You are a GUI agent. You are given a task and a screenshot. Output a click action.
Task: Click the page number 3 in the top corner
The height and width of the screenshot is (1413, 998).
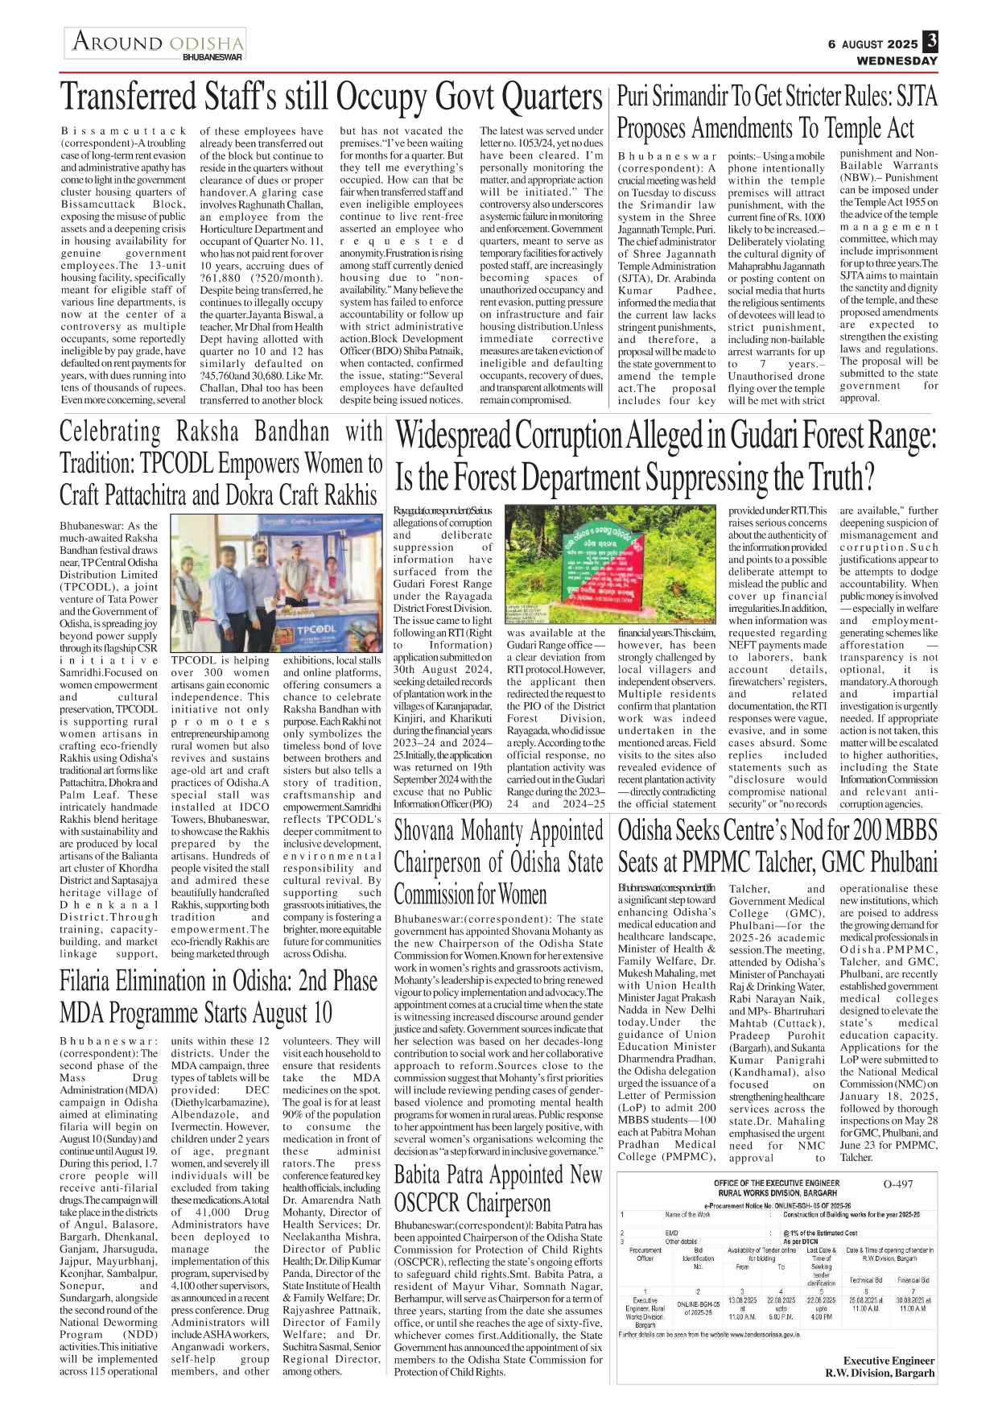[x=930, y=41]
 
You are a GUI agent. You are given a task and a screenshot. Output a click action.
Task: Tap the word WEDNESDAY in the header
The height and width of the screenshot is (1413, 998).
[x=897, y=60]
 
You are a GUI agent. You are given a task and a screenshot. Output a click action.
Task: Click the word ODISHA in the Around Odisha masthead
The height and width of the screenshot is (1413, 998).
[x=207, y=43]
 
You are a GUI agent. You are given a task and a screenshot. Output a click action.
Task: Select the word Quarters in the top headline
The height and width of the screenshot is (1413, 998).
[x=551, y=97]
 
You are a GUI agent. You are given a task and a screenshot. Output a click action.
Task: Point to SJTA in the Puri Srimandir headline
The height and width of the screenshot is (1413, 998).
[x=916, y=97]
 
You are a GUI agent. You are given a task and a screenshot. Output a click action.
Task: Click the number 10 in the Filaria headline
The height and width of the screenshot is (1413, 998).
[x=317, y=1012]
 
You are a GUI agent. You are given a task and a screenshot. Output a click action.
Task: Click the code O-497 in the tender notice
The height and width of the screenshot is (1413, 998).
[x=898, y=1184]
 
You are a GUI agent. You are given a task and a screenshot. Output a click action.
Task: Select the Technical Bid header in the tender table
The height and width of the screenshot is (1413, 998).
[x=865, y=1279]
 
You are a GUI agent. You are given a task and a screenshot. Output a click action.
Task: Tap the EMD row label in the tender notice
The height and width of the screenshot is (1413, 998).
[x=671, y=1233]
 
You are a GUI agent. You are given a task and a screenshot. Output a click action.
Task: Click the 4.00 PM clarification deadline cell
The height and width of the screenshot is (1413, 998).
[x=821, y=1316]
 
